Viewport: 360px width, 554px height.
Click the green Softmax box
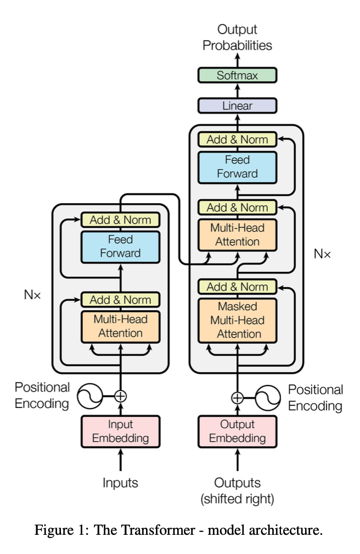point(237,75)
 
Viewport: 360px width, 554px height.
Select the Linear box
point(237,105)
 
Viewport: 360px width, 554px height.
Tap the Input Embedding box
point(120,431)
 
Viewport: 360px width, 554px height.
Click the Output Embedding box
point(237,431)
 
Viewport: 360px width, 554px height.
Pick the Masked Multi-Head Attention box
point(237,320)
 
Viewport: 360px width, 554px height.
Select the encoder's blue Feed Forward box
point(120,247)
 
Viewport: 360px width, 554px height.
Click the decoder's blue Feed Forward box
point(237,167)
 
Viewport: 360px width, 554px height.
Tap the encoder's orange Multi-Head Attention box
point(120,326)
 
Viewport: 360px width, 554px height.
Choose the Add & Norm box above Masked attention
point(237,287)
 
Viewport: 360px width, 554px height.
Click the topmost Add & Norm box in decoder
point(237,139)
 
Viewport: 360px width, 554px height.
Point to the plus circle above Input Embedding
point(120,395)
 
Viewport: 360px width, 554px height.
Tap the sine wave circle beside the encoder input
point(89,395)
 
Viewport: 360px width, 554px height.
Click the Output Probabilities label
point(237,37)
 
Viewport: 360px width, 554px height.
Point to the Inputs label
point(120,483)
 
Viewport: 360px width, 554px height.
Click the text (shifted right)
point(237,499)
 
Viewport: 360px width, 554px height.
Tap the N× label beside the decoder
point(322,254)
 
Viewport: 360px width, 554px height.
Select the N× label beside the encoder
point(32,294)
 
